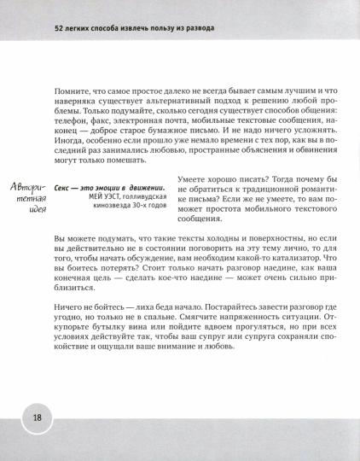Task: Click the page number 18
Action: (38, 418)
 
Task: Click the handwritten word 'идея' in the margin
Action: (31, 209)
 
